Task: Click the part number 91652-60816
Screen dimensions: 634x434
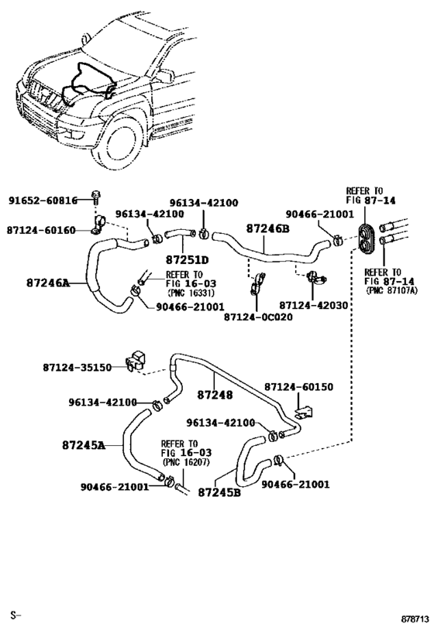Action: [43, 200]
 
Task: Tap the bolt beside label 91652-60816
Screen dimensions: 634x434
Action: [95, 198]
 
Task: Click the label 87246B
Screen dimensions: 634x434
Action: [267, 228]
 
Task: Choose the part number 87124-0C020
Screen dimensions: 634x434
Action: [258, 317]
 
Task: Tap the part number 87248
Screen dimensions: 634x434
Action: [214, 396]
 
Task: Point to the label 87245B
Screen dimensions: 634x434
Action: [219, 491]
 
